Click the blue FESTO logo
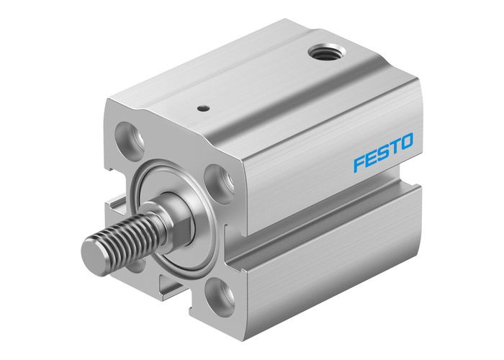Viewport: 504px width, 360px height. [x=383, y=152]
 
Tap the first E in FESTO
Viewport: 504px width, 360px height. [x=372, y=158]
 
